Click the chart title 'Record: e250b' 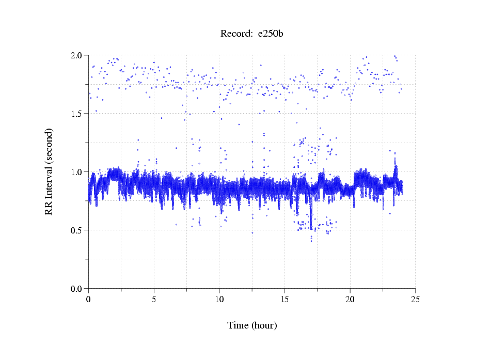252,34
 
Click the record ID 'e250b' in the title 271,34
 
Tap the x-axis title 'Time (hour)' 252,325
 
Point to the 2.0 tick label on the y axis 77,55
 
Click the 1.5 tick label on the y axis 77,114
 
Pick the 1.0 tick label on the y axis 77,172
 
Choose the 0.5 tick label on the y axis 77,230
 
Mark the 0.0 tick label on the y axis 77,289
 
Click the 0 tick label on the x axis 89,299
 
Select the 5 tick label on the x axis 154,299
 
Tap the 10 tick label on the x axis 219,299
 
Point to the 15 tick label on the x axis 284,299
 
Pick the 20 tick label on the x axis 350,299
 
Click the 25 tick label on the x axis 415,299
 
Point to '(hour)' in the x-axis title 263,325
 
